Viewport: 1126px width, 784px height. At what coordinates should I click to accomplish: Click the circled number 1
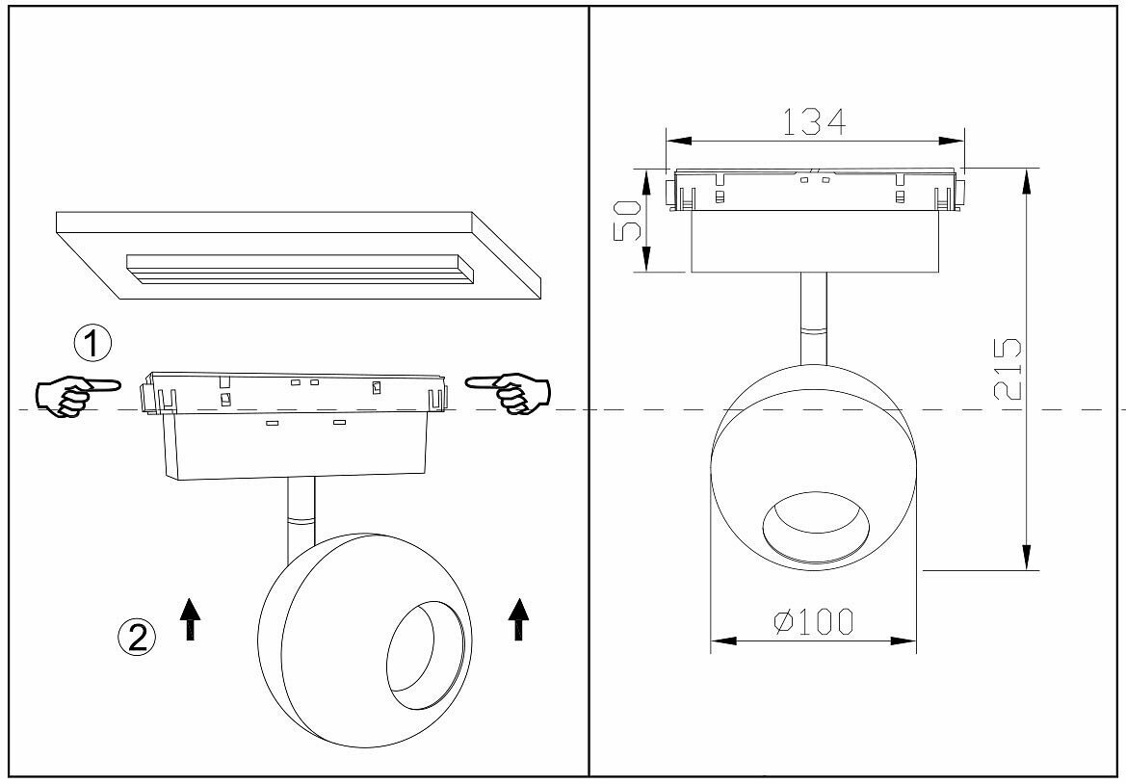(x=93, y=343)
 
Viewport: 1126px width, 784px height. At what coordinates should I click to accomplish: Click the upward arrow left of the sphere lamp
(x=191, y=616)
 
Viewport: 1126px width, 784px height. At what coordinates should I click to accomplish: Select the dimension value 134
(x=814, y=122)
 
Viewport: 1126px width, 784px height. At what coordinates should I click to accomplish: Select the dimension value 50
(x=628, y=222)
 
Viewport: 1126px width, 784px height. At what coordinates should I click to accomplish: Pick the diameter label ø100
(x=814, y=622)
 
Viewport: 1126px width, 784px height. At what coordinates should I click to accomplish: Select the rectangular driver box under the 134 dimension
(x=814, y=241)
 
